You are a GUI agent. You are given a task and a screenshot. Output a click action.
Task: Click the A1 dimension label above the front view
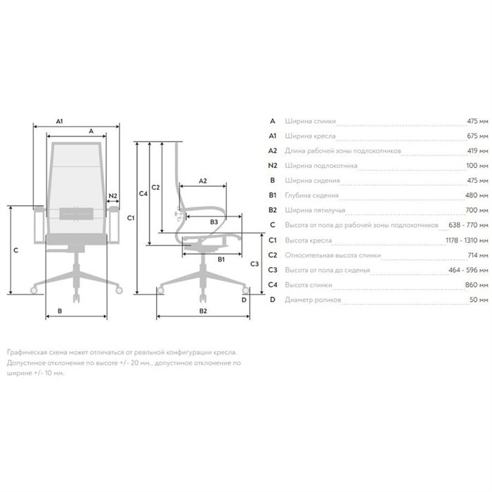coord(59,121)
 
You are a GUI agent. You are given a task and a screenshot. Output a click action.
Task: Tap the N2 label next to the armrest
coord(112,196)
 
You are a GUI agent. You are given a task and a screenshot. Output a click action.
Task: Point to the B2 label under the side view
coord(203,311)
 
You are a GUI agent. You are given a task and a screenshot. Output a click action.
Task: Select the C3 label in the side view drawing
coord(254,264)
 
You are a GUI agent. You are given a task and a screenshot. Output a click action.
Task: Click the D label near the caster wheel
coord(244,300)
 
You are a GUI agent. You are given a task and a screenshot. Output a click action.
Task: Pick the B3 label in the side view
coord(214,222)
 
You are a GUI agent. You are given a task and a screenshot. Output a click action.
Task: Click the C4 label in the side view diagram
coord(143,194)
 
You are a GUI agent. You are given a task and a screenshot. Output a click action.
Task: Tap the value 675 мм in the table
coord(477,136)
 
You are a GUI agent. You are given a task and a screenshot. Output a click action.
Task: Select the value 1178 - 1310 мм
coord(467,240)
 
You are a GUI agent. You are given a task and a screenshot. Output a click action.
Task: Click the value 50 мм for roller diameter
coord(479,299)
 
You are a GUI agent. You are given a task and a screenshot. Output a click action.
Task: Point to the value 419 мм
coord(477,150)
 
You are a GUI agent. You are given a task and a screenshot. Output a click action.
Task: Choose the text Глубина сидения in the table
coord(311,195)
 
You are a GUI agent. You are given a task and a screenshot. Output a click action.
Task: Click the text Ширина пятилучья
coord(315,210)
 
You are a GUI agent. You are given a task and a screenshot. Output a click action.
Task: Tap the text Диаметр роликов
coord(313,299)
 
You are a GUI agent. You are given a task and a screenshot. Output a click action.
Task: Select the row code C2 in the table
coord(273,255)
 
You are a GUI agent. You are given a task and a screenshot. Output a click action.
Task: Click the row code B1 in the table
coord(273,195)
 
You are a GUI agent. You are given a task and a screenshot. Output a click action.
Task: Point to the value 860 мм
coord(477,285)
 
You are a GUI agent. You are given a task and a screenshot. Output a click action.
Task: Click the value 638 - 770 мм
coord(469,225)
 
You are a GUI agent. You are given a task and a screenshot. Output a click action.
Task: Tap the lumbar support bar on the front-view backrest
coord(77,214)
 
